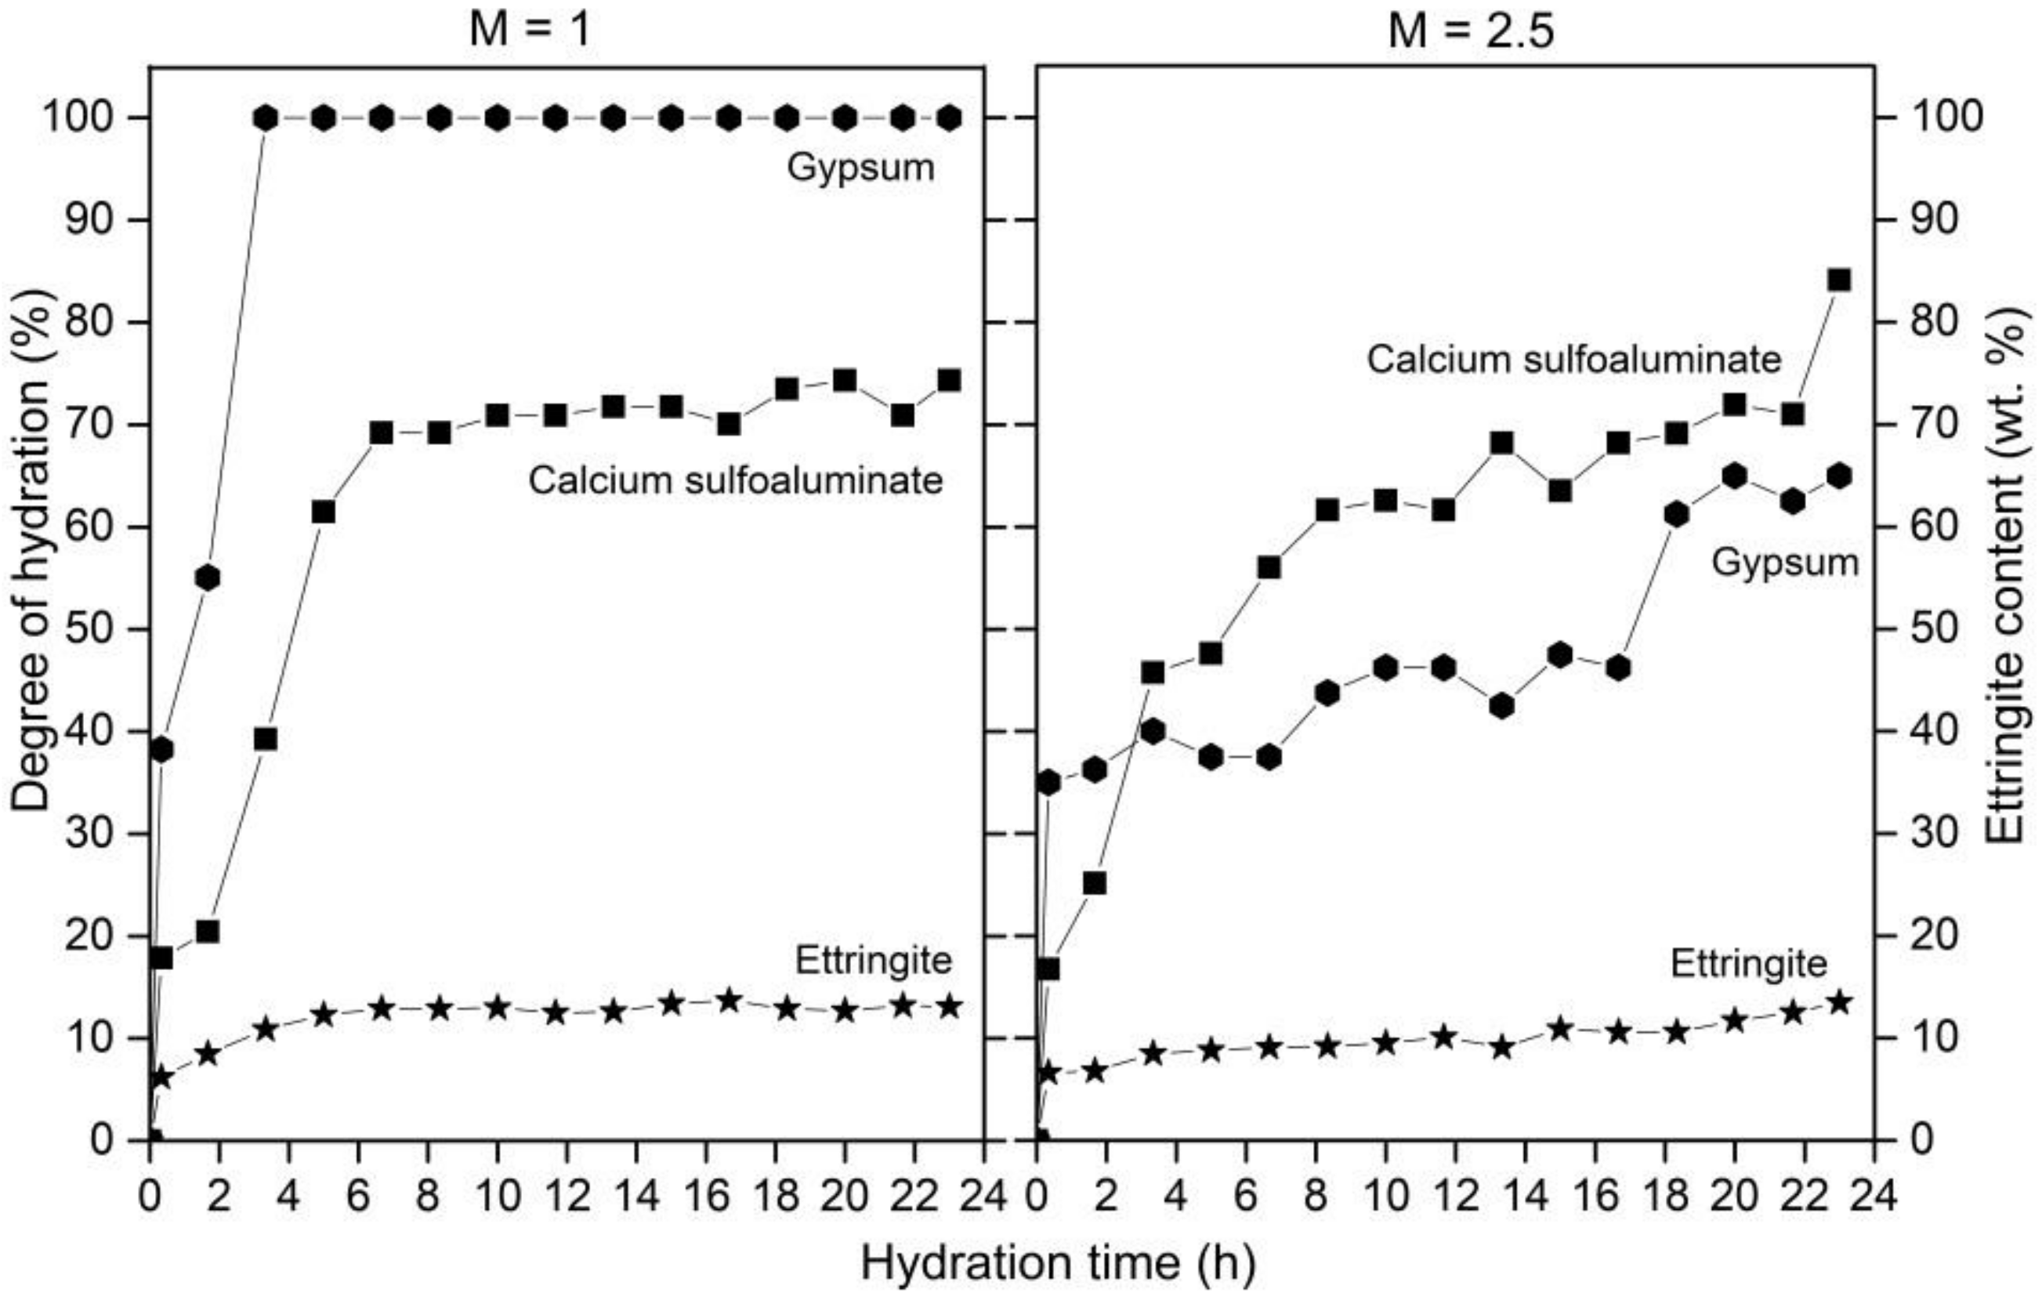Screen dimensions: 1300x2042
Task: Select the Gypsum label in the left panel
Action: pos(860,168)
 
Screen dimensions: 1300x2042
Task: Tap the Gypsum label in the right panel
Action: pos(1784,563)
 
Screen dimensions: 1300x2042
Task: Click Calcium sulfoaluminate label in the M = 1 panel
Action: pos(735,481)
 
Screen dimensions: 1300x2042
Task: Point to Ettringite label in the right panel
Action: pos(1749,964)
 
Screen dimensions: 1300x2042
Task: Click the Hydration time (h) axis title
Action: pos(1058,1263)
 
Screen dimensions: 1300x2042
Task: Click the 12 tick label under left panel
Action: pos(567,1197)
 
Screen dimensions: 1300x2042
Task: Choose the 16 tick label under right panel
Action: pos(1595,1197)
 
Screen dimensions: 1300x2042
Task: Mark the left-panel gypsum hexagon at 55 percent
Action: pos(208,578)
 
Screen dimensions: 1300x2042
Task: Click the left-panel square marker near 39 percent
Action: pos(266,740)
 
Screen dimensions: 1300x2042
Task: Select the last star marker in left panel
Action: pos(950,1007)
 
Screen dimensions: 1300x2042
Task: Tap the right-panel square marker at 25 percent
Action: pos(1095,884)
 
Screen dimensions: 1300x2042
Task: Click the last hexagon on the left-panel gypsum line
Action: pos(950,119)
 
